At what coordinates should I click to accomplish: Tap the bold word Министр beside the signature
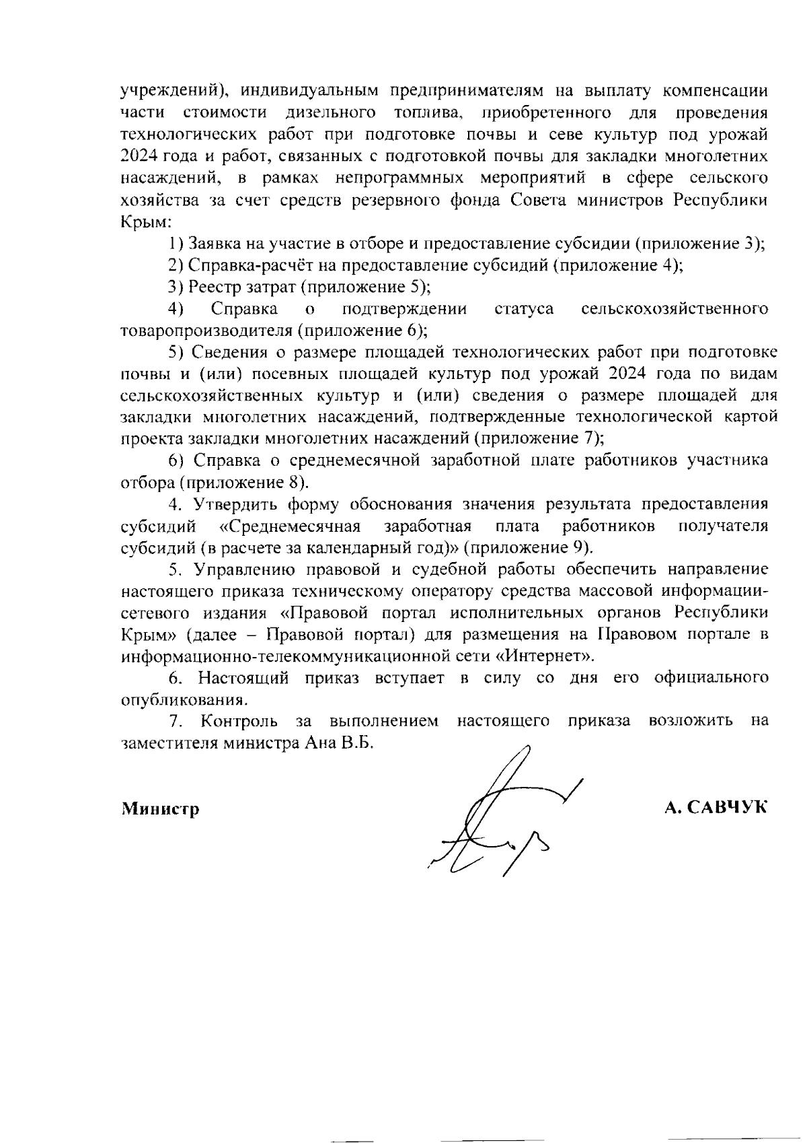coord(160,808)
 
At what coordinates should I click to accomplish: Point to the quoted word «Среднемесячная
coord(291,526)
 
